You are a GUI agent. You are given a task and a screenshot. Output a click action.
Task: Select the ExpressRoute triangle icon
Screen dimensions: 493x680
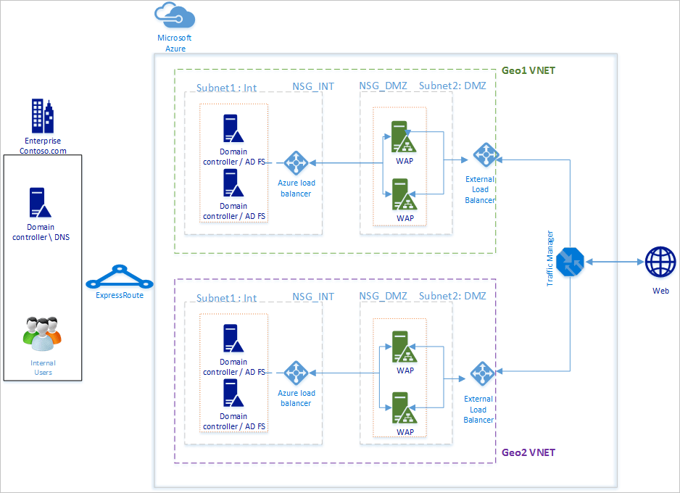point(117,277)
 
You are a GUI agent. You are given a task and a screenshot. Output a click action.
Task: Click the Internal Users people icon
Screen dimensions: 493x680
point(43,332)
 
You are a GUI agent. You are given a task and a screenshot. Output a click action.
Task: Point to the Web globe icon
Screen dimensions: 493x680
point(660,262)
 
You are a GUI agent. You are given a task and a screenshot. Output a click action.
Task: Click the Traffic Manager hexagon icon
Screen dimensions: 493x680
point(570,262)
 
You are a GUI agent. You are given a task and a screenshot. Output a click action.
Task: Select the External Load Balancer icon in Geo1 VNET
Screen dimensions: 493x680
point(484,154)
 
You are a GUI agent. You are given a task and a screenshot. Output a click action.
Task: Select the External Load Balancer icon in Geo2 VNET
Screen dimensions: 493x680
point(481,373)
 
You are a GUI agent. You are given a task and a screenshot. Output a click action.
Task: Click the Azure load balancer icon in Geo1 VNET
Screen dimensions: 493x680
point(296,163)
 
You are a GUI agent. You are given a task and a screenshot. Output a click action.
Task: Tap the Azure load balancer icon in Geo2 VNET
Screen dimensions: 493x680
point(296,373)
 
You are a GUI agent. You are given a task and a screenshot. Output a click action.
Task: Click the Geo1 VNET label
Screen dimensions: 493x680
point(528,71)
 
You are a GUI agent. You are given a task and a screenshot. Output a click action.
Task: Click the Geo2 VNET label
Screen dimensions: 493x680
point(528,453)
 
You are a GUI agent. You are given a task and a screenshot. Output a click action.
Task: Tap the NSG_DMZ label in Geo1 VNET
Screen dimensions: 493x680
point(383,86)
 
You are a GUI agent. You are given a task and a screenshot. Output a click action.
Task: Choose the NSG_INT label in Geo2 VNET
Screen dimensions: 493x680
point(313,297)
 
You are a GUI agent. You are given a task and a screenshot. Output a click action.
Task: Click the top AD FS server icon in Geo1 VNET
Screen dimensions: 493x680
point(233,128)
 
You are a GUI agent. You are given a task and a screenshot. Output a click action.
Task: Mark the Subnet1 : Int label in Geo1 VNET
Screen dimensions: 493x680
point(226,88)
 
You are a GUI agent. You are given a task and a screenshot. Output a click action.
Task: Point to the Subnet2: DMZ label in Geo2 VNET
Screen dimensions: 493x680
point(452,297)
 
